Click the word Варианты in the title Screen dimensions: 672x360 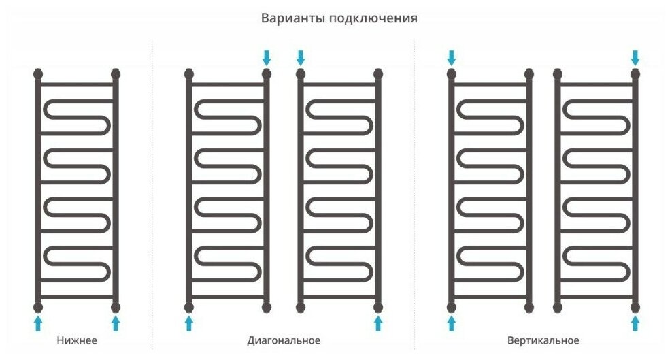(292, 18)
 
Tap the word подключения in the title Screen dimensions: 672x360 (373, 19)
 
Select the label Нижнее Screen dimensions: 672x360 (77, 340)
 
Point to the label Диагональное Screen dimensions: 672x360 (284, 340)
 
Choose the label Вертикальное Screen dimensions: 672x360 (543, 340)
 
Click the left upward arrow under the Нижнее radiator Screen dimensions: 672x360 (38, 321)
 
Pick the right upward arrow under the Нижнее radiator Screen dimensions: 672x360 (116, 321)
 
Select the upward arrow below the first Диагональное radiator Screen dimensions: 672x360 (188, 321)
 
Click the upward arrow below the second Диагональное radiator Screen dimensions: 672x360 (379, 321)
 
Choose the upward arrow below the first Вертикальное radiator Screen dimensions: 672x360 (451, 321)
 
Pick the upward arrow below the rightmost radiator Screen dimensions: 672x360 (635, 321)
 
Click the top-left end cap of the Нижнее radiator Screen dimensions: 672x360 (38, 72)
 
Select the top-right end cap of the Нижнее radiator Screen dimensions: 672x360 (116, 72)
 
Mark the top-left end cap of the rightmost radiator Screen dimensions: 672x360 (558, 72)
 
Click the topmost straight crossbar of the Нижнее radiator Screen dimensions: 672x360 (77, 85)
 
